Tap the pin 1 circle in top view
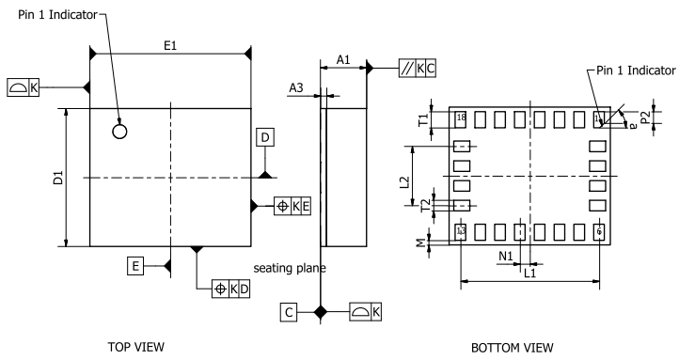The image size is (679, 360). pos(119,131)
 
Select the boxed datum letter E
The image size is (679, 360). pos(137,267)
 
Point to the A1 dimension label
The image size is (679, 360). pos(343,59)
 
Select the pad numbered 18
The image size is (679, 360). pos(461,118)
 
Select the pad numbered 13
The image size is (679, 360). pos(461,231)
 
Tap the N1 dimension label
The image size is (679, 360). pos(504,254)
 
